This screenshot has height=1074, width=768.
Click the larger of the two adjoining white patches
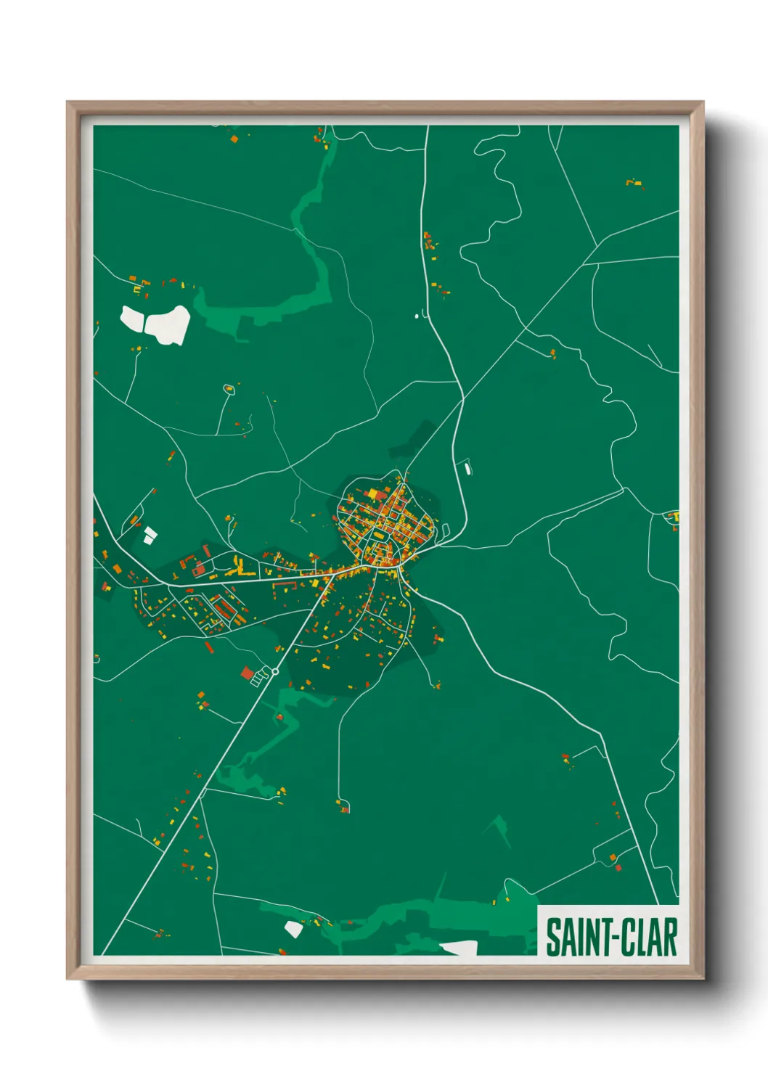point(168,323)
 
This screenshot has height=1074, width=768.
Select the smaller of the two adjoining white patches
point(132,319)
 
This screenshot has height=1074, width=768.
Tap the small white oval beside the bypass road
point(467,468)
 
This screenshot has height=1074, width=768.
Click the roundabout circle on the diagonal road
point(275,671)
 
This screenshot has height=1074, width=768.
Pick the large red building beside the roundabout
point(248,673)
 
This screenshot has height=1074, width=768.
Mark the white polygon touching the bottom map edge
point(459,947)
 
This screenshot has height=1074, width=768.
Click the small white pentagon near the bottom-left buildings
point(294,927)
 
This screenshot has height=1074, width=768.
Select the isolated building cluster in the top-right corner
point(634,183)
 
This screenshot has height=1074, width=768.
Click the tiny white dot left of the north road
point(416,316)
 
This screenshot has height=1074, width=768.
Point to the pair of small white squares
point(150,536)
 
